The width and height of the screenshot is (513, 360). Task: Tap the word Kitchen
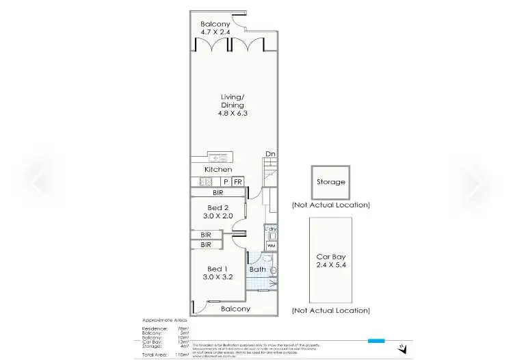[x=218, y=169]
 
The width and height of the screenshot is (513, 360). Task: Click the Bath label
[x=257, y=270]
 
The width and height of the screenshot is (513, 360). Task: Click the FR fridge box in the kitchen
[x=238, y=181]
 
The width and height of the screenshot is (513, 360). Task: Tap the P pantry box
[x=226, y=181]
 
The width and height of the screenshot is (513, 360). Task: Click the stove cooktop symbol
[x=204, y=181]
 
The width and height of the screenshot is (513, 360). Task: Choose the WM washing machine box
[x=271, y=246]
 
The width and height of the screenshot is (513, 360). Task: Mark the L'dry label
[x=271, y=229]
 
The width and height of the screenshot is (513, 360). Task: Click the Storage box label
[x=330, y=182]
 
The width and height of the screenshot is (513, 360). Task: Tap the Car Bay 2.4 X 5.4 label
[x=331, y=260]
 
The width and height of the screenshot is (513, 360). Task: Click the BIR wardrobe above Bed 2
[x=218, y=194]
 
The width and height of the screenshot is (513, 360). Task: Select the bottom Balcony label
[x=235, y=309]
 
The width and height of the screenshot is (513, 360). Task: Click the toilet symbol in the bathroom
[x=273, y=271]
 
